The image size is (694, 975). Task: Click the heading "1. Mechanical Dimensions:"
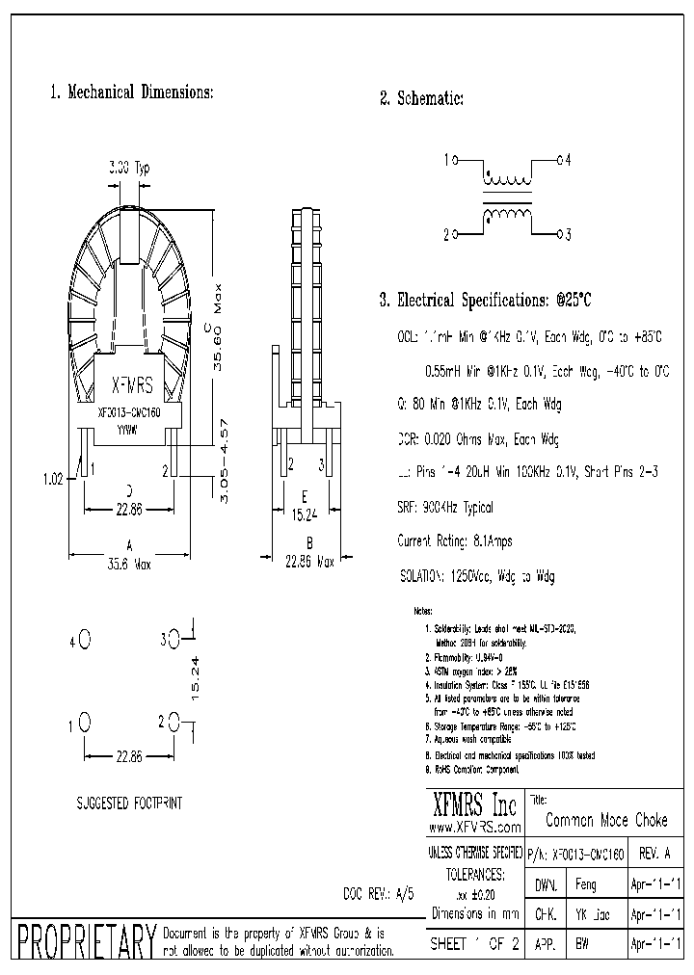coord(131,93)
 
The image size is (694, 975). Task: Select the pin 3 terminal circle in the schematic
coord(559,233)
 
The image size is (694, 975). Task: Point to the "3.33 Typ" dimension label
coord(128,168)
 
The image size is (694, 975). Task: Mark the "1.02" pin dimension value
coord(54,475)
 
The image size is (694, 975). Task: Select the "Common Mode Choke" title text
coord(606,821)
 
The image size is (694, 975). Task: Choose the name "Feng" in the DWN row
coord(585,884)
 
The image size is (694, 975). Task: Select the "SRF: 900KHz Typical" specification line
coord(445,508)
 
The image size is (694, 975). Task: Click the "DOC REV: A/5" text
coord(379,893)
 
